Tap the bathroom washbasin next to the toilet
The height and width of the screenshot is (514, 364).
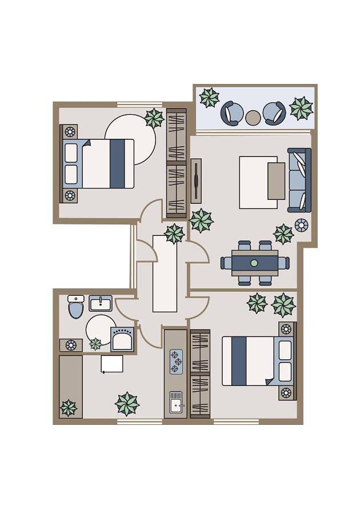pos(101,303)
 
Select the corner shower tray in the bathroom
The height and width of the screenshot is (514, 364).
pos(122,339)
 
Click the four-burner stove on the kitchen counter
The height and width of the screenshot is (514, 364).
pos(176,362)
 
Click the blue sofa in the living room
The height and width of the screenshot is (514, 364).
pos(299,180)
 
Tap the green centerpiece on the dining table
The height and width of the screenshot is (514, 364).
pos(254,263)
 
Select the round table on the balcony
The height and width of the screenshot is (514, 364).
pos(253,118)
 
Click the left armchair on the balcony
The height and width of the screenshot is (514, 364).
pos(232,113)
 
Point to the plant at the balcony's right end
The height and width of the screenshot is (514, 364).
pos(301,109)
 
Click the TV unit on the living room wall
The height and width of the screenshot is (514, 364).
pos(196,181)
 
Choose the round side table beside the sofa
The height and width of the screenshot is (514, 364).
pos(301,225)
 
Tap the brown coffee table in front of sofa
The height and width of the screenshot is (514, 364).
pos(276,181)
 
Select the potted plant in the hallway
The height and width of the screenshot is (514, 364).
pos(174,233)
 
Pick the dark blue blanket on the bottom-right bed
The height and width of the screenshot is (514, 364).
pos(239,361)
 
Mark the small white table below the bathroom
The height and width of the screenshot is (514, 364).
pos(112,364)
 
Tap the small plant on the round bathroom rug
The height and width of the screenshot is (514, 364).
pos(95,344)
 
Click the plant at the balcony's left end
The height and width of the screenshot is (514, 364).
pos(209,98)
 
